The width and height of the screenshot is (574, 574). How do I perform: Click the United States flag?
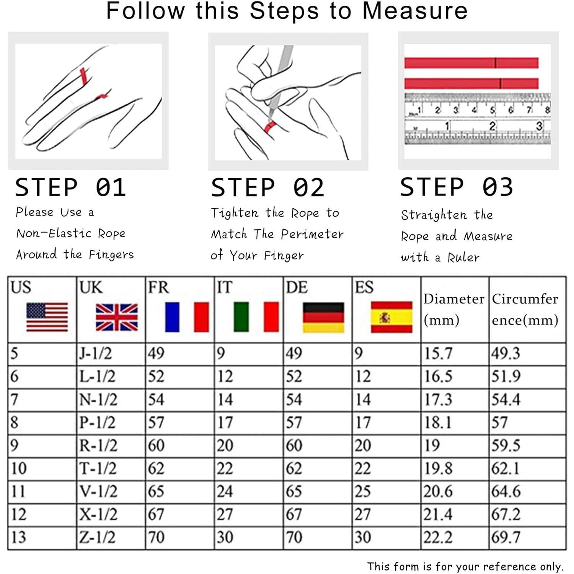click(47, 317)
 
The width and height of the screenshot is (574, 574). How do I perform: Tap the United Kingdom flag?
click(117, 317)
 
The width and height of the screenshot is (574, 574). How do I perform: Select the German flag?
click(323, 317)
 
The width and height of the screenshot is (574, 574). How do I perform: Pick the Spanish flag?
click(392, 317)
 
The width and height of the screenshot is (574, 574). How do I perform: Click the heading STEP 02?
click(267, 188)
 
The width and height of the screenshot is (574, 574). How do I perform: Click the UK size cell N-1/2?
click(98, 400)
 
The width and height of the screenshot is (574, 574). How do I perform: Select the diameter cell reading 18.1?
click(438, 422)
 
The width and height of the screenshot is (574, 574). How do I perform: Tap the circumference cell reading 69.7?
click(506, 537)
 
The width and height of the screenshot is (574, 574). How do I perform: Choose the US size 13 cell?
click(18, 537)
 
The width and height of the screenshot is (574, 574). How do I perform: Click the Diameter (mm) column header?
click(454, 309)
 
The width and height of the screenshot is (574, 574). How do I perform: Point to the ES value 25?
click(362, 491)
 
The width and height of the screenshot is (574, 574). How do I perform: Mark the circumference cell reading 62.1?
click(505, 468)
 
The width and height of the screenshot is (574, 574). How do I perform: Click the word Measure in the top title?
click(415, 11)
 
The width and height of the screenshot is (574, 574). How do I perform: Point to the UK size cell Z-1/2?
click(97, 537)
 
